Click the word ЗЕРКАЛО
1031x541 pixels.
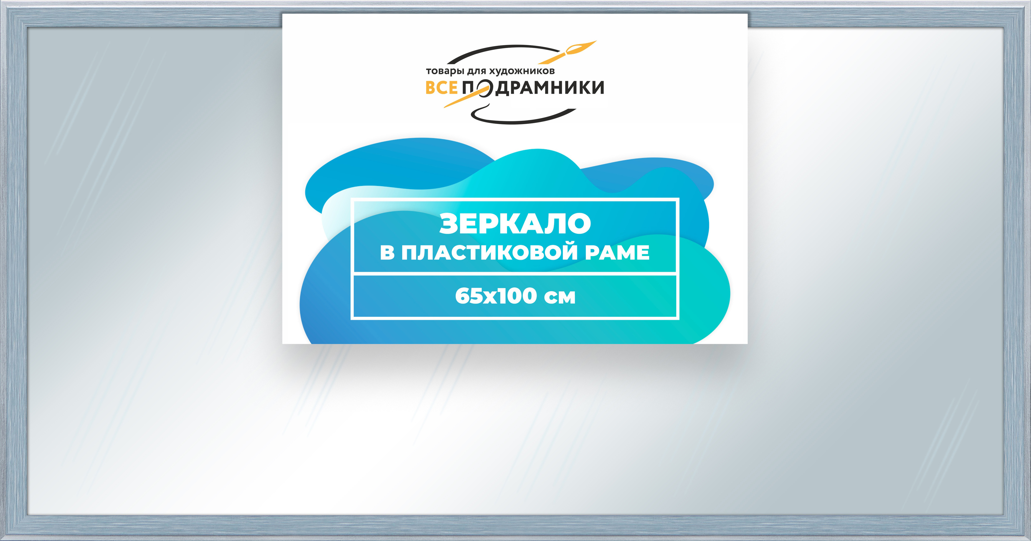click(515, 224)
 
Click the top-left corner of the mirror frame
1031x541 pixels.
click(1, 1)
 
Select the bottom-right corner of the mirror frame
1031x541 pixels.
click(1029, 539)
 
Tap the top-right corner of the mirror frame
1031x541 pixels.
click(1029, 1)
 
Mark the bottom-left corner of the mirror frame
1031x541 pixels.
click(1, 539)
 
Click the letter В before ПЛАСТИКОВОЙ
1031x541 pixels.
click(387, 253)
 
